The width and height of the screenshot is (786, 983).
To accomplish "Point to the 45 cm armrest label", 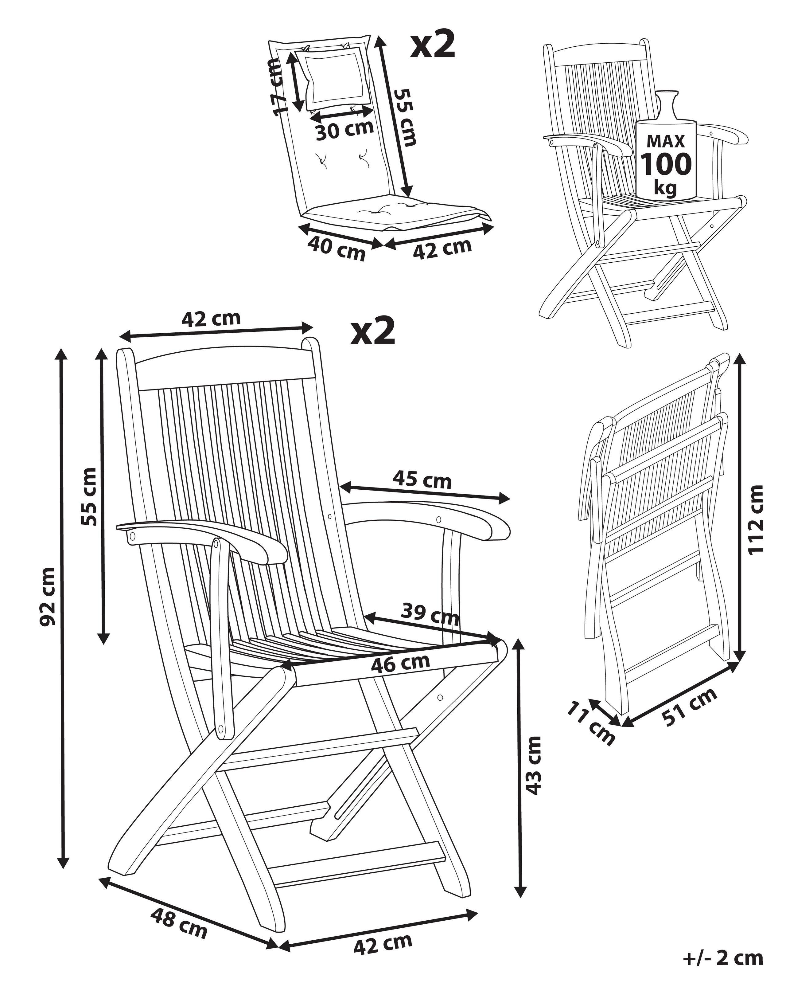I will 422,480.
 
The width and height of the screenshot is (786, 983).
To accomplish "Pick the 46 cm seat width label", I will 400,663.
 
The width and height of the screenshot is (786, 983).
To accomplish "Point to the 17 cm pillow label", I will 276,87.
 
